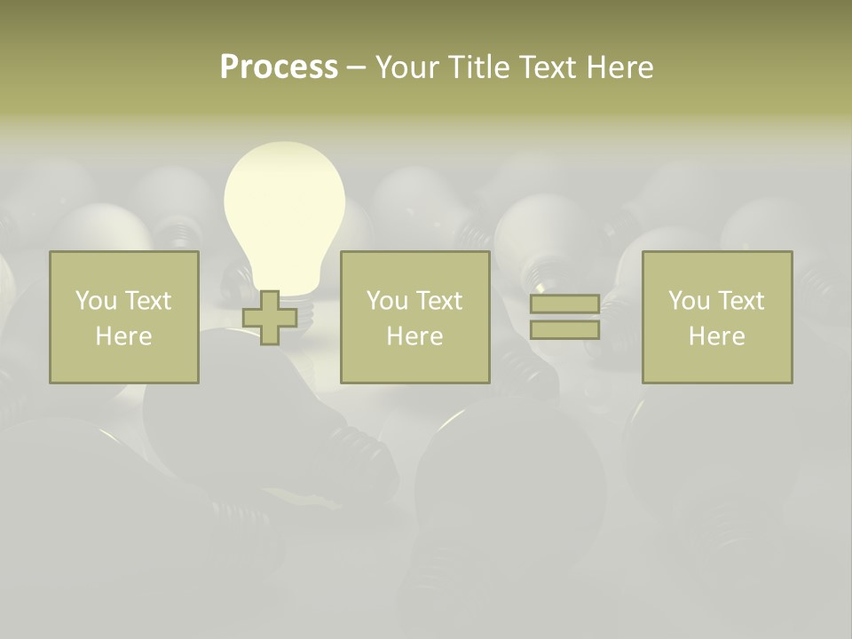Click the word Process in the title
[279, 67]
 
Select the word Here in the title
[620, 67]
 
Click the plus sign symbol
[270, 318]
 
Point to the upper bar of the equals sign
[564, 304]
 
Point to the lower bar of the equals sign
[564, 330]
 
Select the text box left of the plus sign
[124, 317]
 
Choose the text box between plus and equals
[414, 317]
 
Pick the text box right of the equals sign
[716, 317]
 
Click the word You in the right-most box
[689, 301]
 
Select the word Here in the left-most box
[124, 336]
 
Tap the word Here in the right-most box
[716, 336]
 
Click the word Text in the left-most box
[147, 301]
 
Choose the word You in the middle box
[387, 301]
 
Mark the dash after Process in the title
[356, 67]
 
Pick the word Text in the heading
[546, 67]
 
